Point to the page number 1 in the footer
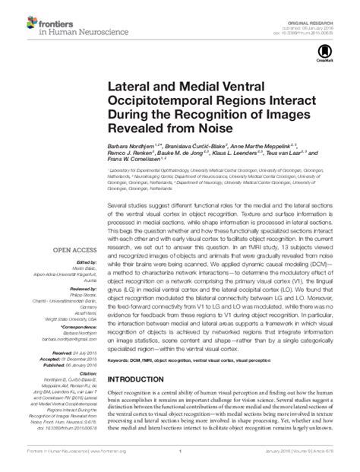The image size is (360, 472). click(180, 464)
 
